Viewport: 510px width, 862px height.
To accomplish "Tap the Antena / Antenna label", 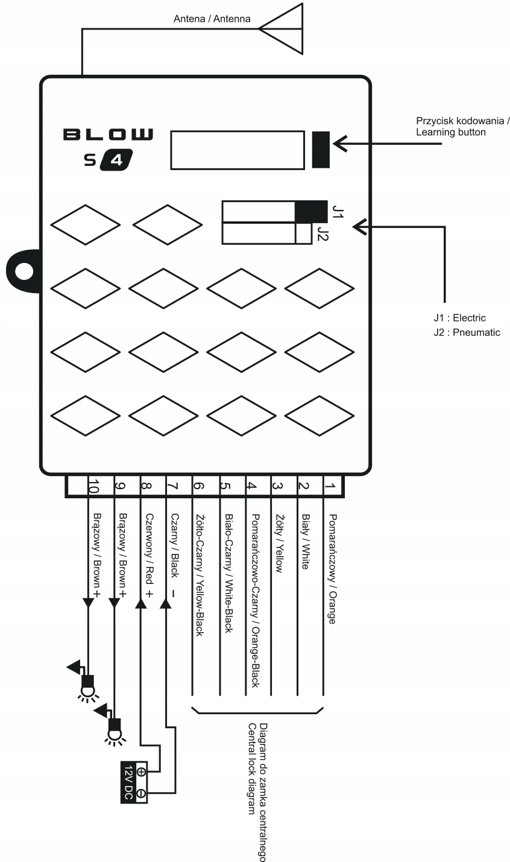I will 212,19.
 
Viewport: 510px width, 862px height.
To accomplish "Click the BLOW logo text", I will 109,135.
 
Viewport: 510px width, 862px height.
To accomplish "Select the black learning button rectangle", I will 321,149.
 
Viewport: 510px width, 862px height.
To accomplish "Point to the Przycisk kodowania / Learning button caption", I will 462,126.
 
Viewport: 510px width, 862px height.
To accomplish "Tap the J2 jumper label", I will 323,233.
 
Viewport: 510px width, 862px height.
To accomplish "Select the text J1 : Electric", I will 459,318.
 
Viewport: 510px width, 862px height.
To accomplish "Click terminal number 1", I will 329,486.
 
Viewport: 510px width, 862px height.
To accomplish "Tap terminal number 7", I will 171,486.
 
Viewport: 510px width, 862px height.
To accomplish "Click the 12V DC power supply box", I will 133,782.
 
